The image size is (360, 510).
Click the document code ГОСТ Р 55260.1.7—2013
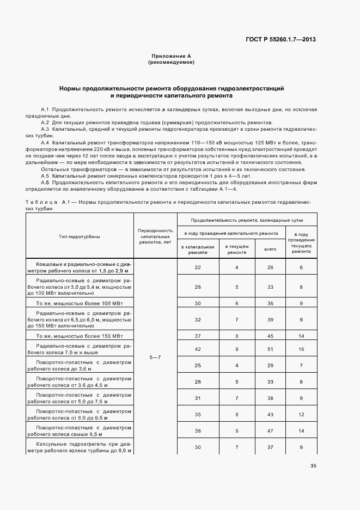[281, 40]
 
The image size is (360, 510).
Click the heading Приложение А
[171, 57]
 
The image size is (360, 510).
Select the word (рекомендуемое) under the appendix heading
[171, 63]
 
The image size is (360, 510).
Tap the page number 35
[313, 465]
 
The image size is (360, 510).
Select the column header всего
[271, 249]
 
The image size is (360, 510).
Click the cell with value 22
[198, 268]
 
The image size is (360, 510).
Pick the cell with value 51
[271, 349]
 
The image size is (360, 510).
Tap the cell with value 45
[271, 336]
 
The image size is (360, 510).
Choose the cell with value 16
[301, 349]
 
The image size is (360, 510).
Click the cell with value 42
[198, 349]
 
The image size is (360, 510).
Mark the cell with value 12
[301, 415]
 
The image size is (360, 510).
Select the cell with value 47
[271, 430]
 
